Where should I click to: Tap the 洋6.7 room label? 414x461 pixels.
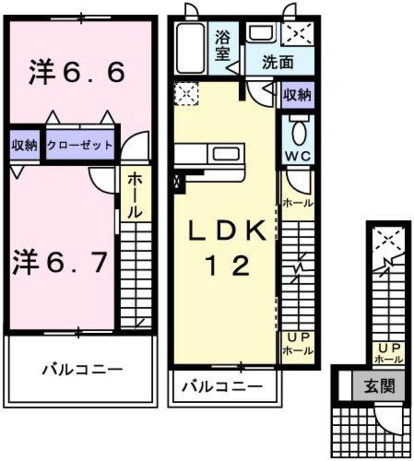point(60,262)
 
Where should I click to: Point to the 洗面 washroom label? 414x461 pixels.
point(278,63)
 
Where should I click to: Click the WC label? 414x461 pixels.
point(296,157)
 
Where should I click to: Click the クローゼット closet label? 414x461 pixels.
point(80,145)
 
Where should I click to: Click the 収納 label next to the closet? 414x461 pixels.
point(24,145)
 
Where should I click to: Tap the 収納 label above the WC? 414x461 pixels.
point(297,95)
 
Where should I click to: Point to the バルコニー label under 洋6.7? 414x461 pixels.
point(81,368)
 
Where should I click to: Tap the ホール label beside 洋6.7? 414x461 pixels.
point(135,196)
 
